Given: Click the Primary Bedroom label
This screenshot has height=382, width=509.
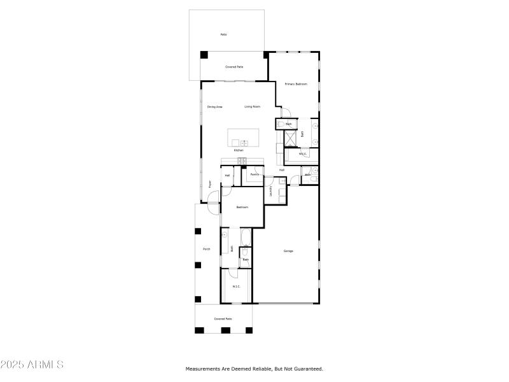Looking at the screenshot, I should pos(296,84).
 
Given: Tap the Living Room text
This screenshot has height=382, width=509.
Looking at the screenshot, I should pos(252,106).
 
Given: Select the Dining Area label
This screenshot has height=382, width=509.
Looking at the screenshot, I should pos(214,106).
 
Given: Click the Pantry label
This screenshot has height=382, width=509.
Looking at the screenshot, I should pos(254,174).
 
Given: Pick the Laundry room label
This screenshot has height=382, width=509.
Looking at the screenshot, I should pos(271,192).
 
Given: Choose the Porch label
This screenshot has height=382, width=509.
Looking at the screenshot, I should pos(206,249).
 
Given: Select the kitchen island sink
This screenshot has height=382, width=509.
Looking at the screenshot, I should pos(244,143).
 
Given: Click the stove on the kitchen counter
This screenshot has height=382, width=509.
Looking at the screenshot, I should pos(242,160).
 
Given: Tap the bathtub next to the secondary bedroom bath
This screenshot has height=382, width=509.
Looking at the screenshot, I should pos(246,239).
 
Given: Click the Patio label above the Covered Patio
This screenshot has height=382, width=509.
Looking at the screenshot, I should pos(223,34).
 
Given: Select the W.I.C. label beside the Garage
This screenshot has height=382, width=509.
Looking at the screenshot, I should pos(236,286).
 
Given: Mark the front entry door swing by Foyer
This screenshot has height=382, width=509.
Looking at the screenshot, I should pos(213,197).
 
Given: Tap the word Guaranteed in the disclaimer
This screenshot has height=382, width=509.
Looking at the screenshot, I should pos(307,369).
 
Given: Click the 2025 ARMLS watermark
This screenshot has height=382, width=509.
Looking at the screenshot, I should pos(32,365).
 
